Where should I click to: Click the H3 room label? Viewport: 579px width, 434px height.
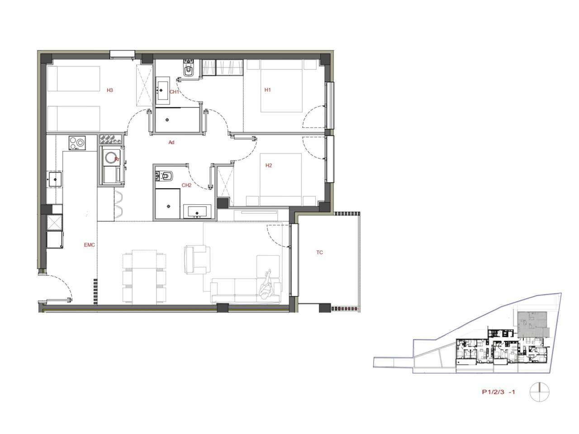click(x=110, y=90)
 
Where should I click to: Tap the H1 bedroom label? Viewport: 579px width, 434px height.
click(x=267, y=90)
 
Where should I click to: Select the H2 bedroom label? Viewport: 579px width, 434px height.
click(x=269, y=165)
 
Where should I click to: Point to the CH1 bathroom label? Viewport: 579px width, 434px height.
click(x=174, y=92)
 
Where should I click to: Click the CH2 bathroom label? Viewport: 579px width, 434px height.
click(x=186, y=185)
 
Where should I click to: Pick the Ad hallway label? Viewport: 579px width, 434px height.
click(x=171, y=142)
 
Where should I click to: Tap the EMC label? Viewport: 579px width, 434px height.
click(x=90, y=245)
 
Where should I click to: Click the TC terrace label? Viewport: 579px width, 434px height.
click(x=319, y=252)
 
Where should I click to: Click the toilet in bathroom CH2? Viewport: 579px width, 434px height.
click(x=164, y=176)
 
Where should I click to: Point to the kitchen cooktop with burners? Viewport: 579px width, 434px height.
click(x=77, y=143)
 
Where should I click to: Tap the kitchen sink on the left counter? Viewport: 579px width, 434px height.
click(x=55, y=179)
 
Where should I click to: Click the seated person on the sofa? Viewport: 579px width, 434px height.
click(x=266, y=285)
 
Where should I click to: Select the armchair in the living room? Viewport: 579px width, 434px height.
click(x=197, y=259)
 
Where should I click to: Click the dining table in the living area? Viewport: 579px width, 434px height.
click(x=144, y=277)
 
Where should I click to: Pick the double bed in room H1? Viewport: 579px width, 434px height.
click(x=281, y=86)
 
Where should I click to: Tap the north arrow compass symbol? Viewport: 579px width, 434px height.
click(x=540, y=392)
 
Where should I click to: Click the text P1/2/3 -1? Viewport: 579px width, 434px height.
click(x=498, y=392)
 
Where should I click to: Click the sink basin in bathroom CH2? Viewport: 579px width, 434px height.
click(x=197, y=212)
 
